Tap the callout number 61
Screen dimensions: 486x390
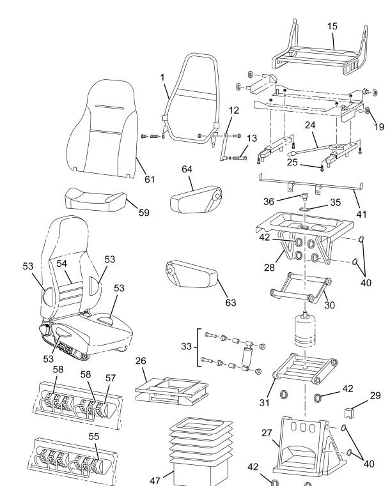pos(149,179)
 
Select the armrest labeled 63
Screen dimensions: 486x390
pos(192,275)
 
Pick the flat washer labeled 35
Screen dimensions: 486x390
pos(305,208)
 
